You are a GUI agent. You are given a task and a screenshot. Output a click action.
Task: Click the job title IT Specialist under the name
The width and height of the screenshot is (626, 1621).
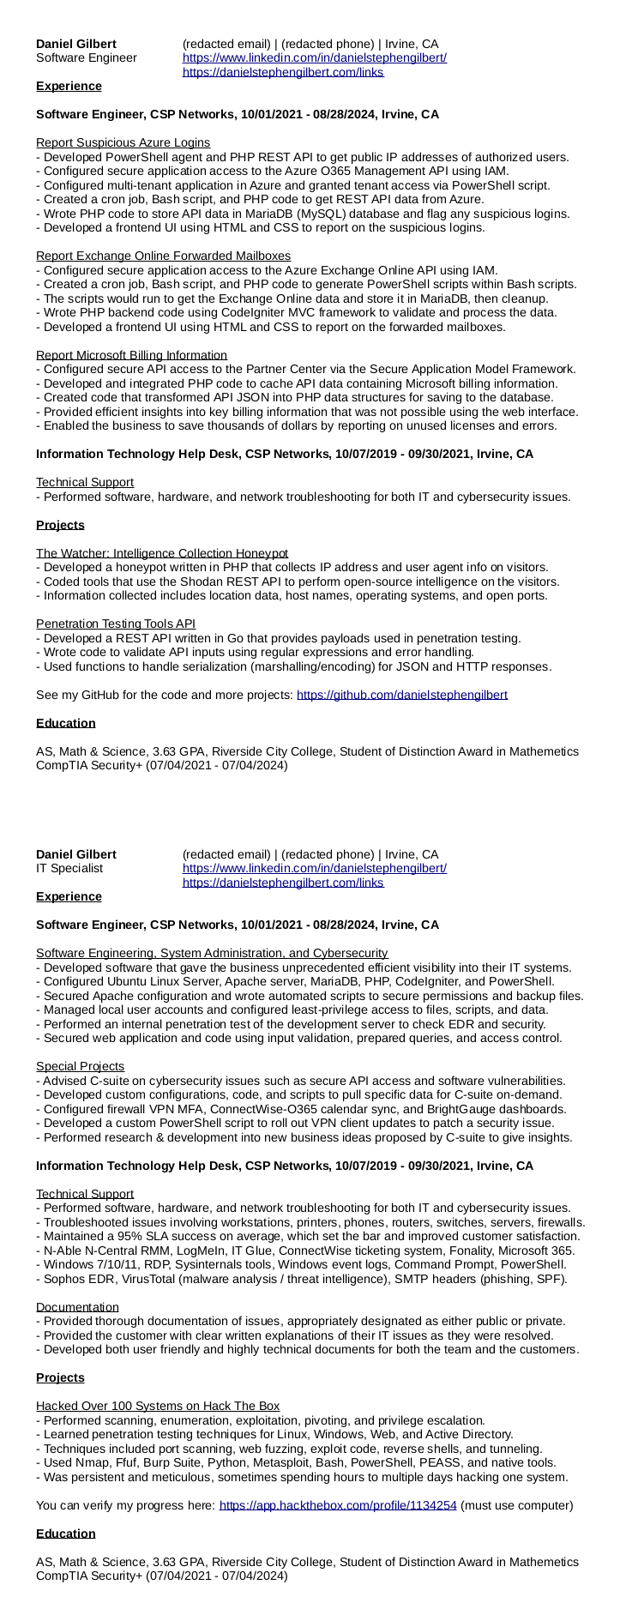coord(69,868)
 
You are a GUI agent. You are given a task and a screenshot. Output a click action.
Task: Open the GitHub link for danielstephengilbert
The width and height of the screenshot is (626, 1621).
coord(401,695)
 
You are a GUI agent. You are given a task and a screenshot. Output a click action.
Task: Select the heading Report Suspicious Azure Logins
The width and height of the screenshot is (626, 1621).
coord(123,142)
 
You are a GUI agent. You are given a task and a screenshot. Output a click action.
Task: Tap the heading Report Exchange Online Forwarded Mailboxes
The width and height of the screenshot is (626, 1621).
coord(163,256)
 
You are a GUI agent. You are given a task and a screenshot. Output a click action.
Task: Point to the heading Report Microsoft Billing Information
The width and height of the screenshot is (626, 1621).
coord(131,355)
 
